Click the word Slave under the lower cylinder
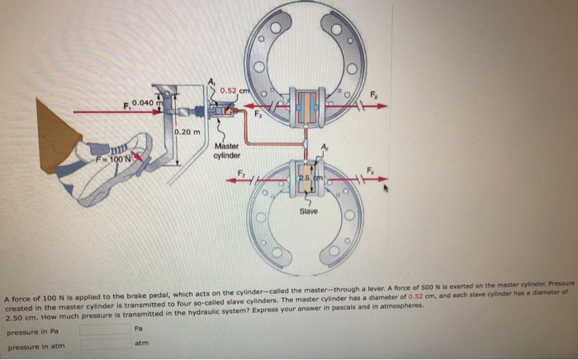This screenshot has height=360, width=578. (309, 212)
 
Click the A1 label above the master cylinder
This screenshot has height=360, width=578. (211, 80)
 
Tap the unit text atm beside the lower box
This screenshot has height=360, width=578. (141, 343)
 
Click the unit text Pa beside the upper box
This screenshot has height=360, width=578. (137, 329)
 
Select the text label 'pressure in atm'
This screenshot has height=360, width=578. (35, 346)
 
